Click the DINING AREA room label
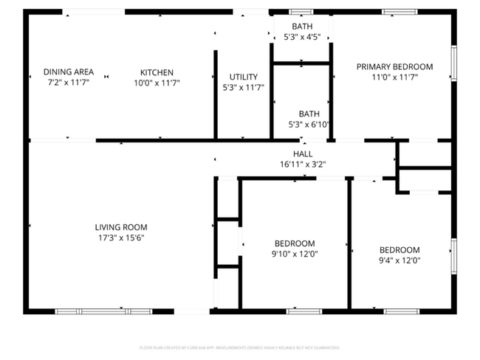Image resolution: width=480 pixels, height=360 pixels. tap(68, 72)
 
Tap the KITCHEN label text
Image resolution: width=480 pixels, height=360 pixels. tap(157, 72)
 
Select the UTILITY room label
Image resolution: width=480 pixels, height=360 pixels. tap(243, 77)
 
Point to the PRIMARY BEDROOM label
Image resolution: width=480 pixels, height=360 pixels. tap(394, 66)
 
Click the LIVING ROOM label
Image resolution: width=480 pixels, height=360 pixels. tap(121, 227)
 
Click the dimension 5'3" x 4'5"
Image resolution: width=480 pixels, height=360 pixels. tap(301, 37)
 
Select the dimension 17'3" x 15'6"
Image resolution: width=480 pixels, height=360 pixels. tap(121, 238)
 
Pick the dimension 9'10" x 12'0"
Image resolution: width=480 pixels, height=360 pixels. tap(295, 254)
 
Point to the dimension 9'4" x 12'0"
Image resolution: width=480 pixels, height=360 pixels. tap(400, 260)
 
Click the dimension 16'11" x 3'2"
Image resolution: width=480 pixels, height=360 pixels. tap(303, 165)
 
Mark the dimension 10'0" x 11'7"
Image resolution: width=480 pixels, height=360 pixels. tap(157, 83)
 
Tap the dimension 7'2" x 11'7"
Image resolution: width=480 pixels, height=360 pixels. tap(68, 82)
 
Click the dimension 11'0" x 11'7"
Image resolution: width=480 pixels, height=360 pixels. tap(394, 77)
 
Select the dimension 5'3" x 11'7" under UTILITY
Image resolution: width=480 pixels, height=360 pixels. tap(243, 87)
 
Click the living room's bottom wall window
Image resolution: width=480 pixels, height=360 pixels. tap(103, 311)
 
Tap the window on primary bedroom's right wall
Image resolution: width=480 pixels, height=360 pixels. tap(453, 63)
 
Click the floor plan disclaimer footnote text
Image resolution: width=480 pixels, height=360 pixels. tap(239, 347)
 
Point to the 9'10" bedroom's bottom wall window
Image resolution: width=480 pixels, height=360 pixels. tap(304, 311)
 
